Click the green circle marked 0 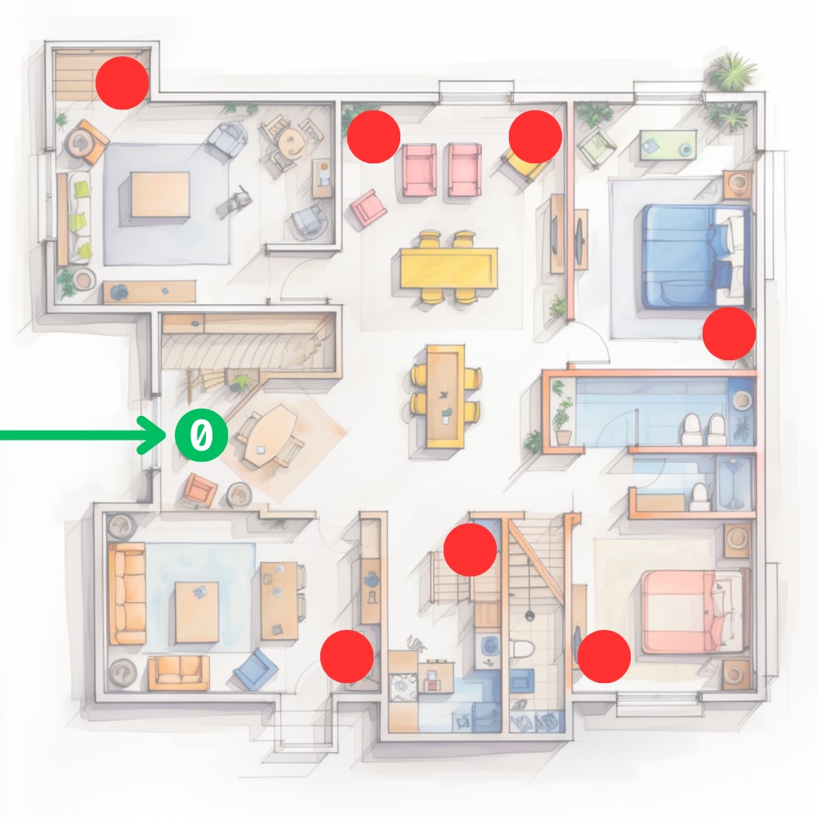pos(201,435)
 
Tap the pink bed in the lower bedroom pos(693,611)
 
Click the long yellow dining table pos(449,268)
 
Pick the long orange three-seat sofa pos(127,593)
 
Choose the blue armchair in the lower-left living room pos(255,668)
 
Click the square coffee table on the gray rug pos(160,194)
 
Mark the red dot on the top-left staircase pos(122,83)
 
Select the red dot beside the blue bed pos(729,333)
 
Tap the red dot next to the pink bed pos(604,656)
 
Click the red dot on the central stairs pos(470,550)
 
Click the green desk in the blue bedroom pos(668,145)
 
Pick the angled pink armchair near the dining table pos(368,208)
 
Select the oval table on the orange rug pos(271,436)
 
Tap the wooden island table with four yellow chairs pos(445,396)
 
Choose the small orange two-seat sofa pos(179,672)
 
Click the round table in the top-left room pos(290,141)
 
